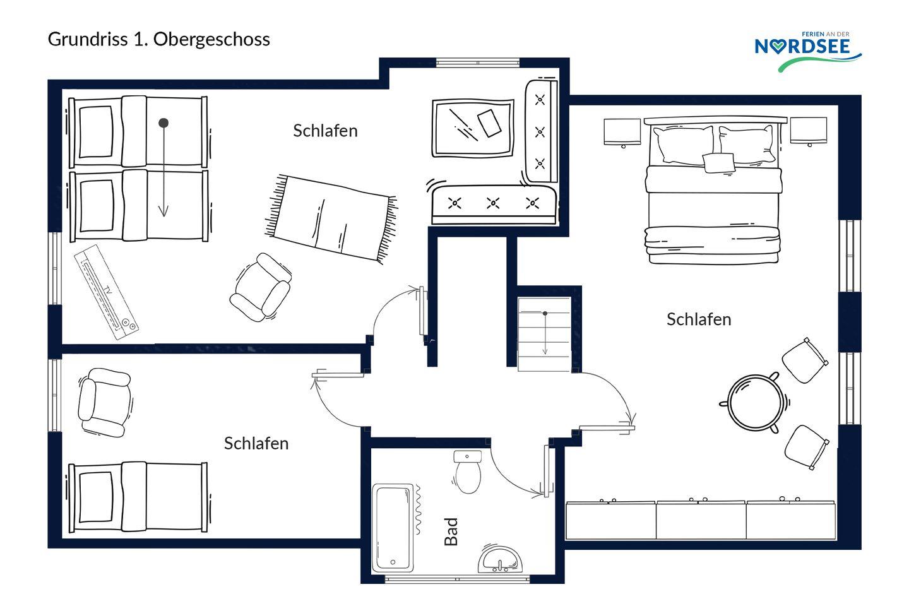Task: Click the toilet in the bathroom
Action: pyautogui.click(x=468, y=472)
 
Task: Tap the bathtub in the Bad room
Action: pyautogui.click(x=393, y=528)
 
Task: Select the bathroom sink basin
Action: pyautogui.click(x=500, y=559)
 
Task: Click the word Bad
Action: pyautogui.click(x=451, y=532)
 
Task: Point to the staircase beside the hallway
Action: pyautogui.click(x=544, y=334)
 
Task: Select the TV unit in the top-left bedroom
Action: pyautogui.click(x=106, y=292)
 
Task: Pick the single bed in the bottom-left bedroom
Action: pyautogui.click(x=138, y=497)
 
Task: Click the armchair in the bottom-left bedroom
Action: pyautogui.click(x=105, y=402)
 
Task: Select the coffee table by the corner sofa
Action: pyautogui.click(x=473, y=128)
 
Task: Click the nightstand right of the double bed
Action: pyautogui.click(x=809, y=131)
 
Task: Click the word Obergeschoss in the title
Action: pyautogui.click(x=211, y=40)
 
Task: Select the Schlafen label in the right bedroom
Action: pyautogui.click(x=699, y=319)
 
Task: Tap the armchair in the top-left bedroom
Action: pyautogui.click(x=261, y=287)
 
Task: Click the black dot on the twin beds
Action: pyautogui.click(x=163, y=122)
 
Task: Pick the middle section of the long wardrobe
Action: pyautogui.click(x=701, y=520)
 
